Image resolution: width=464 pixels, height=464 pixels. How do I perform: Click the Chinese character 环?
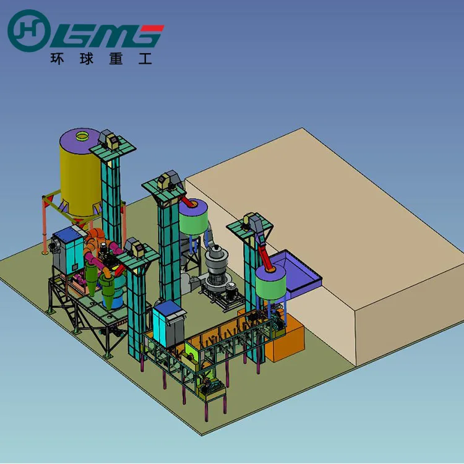tap(57, 59)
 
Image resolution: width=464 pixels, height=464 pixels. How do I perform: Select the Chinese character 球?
tap(87, 59)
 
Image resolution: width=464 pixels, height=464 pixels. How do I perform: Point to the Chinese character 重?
tap(116, 59)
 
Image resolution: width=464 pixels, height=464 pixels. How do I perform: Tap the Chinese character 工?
tap(145, 59)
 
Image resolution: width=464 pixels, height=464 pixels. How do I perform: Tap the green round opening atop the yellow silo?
tap(82, 136)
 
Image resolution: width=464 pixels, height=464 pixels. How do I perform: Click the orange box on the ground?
tap(284, 337)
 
